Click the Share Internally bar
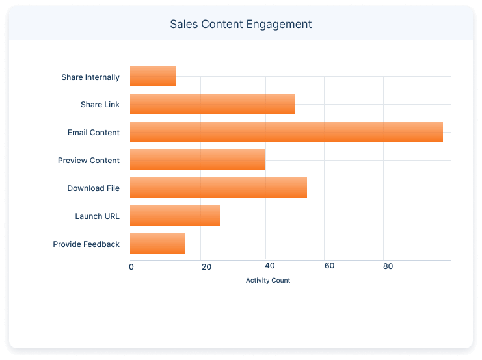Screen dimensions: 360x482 tap(153, 76)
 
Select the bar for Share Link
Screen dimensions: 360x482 tap(213, 104)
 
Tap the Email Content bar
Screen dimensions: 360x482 tap(286, 132)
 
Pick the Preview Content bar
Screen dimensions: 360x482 tap(198, 160)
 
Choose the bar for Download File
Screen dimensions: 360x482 tap(219, 188)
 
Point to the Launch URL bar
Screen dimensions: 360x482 tap(175, 216)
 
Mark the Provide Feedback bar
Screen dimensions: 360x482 tap(157, 244)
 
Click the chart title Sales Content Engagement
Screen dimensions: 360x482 tap(241, 24)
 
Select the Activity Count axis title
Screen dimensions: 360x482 tap(268, 281)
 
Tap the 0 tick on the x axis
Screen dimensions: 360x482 tap(131, 266)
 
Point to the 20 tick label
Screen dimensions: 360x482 tap(206, 266)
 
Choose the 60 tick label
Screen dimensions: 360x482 tap(329, 266)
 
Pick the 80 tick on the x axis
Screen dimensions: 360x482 tap(388, 266)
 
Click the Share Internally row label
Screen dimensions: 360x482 tap(90, 77)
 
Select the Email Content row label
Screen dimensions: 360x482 tap(94, 133)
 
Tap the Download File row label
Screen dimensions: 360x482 tap(94, 188)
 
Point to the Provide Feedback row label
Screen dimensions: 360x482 tap(87, 244)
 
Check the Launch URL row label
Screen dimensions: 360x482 tap(98, 216)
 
